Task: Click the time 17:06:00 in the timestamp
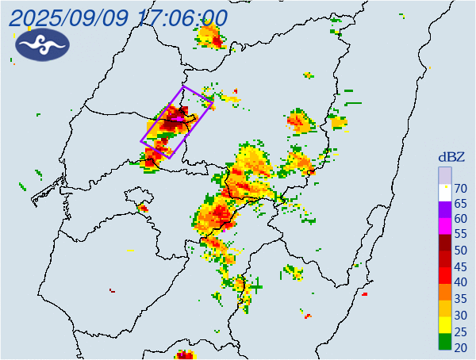click(x=182, y=17)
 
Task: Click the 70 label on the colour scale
click(x=460, y=188)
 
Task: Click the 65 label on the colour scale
click(x=460, y=204)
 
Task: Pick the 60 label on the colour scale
click(x=460, y=220)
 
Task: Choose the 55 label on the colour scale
click(x=460, y=235)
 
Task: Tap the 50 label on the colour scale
click(x=460, y=251)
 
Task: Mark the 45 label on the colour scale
click(x=460, y=266)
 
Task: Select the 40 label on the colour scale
click(x=460, y=282)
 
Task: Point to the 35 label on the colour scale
click(x=460, y=298)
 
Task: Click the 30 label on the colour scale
click(x=460, y=314)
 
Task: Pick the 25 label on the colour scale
click(x=460, y=330)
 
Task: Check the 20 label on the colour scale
click(x=460, y=347)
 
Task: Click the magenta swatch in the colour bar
click(x=445, y=227)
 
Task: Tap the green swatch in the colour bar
click(x=445, y=343)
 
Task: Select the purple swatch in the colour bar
click(x=445, y=211)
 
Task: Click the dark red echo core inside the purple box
click(x=176, y=121)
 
